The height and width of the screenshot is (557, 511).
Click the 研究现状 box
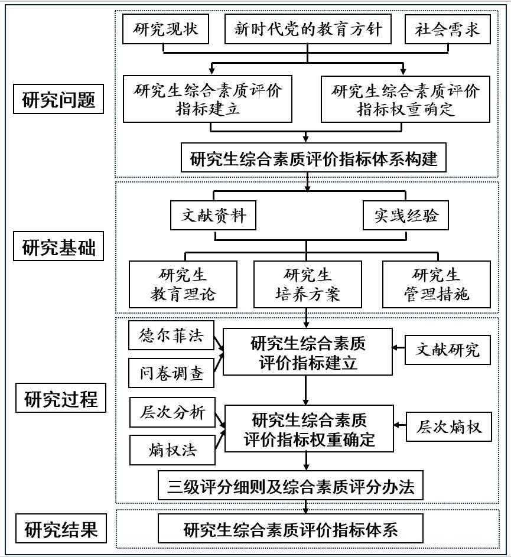[166, 29]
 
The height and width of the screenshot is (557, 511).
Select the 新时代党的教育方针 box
[308, 29]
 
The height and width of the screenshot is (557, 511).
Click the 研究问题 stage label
[59, 100]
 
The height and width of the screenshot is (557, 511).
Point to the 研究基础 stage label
[59, 247]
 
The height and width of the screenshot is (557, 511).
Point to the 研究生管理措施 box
[437, 285]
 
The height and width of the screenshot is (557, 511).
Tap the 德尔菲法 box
[172, 337]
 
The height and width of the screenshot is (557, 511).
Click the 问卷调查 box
[172, 373]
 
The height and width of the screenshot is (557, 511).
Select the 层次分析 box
[172, 412]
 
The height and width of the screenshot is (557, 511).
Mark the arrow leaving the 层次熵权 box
[401, 426]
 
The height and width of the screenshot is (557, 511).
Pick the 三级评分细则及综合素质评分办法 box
[291, 486]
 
